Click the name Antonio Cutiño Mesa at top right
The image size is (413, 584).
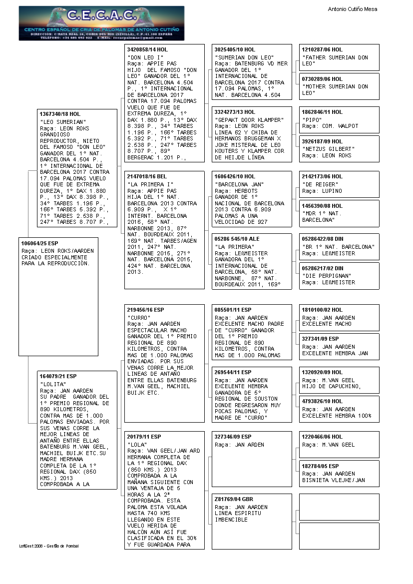(x=352, y=9)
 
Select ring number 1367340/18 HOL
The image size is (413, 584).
(x=60, y=114)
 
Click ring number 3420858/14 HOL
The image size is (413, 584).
(x=147, y=50)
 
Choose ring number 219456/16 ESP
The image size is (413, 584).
(x=145, y=310)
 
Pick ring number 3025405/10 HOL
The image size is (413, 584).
(x=234, y=50)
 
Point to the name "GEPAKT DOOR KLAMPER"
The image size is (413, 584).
(x=249, y=120)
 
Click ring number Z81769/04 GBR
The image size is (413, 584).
(x=234, y=499)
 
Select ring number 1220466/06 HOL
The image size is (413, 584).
(x=322, y=437)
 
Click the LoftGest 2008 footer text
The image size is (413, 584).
(x=49, y=546)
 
